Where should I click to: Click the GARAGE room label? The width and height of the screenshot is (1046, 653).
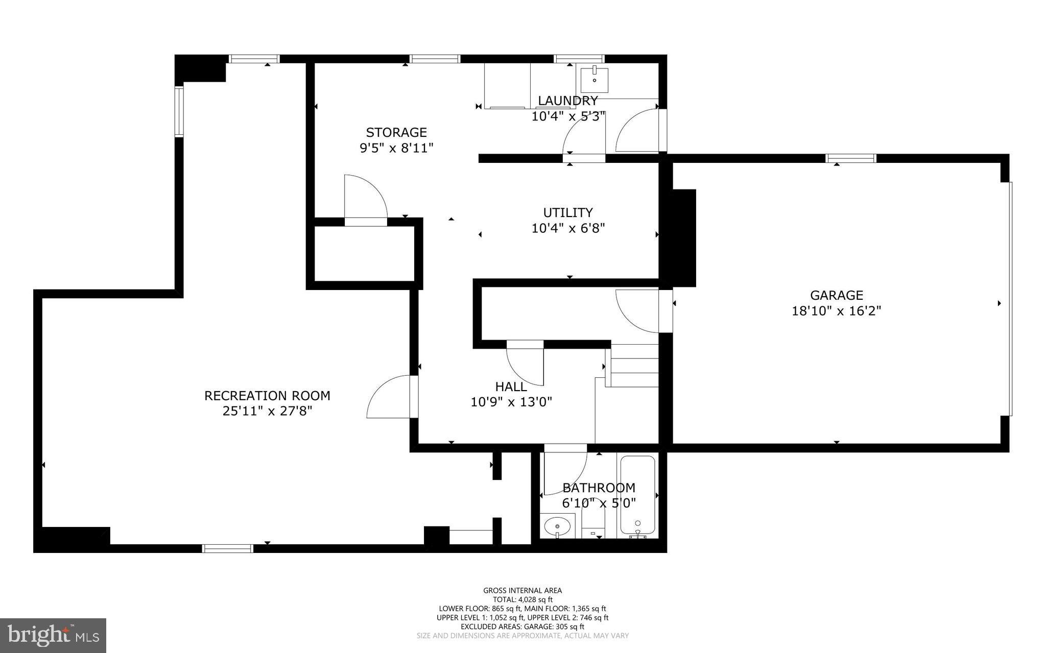[836, 295]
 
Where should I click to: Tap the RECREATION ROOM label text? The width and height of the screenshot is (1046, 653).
[267, 396]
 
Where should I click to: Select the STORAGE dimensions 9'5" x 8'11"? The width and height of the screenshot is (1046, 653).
[396, 148]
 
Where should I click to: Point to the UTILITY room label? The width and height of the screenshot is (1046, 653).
[567, 212]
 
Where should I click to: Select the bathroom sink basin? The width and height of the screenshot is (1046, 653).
[557, 525]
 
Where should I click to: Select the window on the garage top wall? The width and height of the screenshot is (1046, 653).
[851, 158]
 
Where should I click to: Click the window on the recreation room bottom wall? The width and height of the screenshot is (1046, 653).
[228, 548]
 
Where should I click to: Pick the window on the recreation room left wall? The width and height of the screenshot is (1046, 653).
[179, 112]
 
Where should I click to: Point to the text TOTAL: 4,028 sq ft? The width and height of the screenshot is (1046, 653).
[522, 599]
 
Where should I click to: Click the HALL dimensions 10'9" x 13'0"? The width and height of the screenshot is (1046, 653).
[511, 402]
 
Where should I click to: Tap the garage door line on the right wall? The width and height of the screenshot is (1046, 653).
[1010, 299]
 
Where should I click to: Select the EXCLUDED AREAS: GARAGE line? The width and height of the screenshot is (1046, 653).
[522, 626]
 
